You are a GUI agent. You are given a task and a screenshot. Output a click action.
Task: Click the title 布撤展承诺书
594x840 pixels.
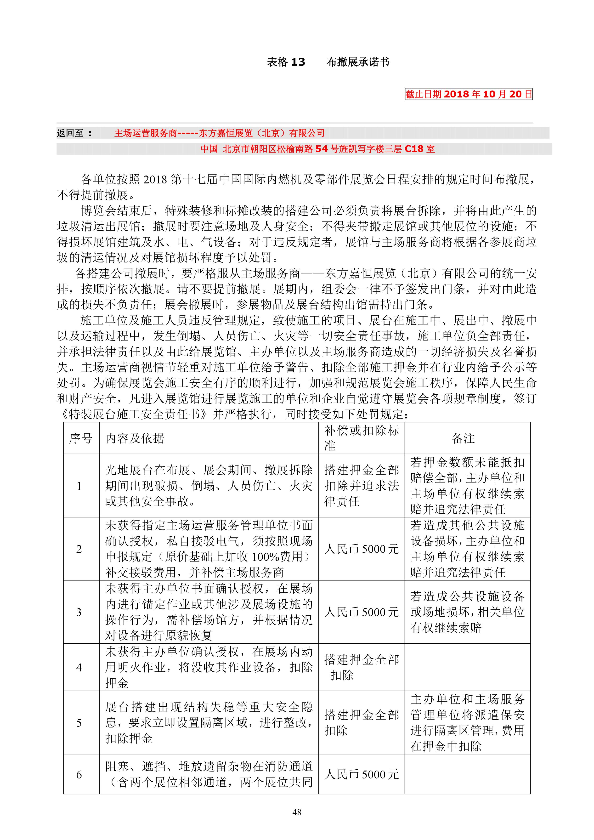(x=358, y=62)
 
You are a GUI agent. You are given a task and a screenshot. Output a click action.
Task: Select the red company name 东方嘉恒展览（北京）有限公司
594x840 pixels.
(x=261, y=133)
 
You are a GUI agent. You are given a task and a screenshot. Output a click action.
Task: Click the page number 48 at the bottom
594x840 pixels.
(x=297, y=812)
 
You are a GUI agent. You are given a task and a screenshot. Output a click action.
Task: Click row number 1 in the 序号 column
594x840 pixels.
(x=79, y=486)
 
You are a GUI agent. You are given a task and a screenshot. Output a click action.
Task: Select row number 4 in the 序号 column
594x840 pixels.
(x=79, y=667)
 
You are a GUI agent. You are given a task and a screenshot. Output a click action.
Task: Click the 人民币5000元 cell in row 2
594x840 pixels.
(x=361, y=549)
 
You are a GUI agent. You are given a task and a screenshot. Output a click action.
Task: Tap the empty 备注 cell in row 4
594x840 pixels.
(x=467, y=667)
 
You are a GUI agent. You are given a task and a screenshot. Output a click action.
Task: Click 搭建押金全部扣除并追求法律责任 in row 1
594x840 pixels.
(x=361, y=485)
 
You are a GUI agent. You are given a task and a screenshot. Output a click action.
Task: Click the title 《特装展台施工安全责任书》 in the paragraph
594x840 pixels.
(x=135, y=414)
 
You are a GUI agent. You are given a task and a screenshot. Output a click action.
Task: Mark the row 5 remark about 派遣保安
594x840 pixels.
(x=467, y=723)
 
